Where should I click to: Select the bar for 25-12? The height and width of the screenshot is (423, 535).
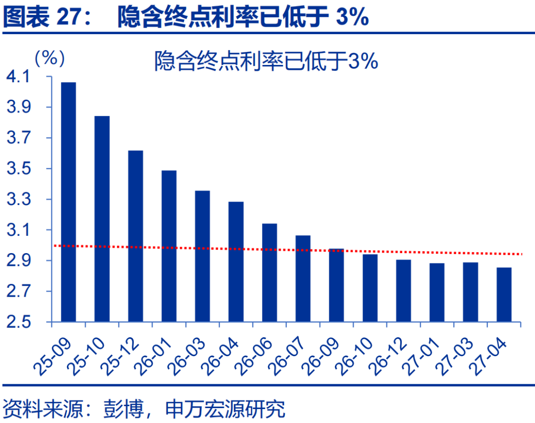(135, 236)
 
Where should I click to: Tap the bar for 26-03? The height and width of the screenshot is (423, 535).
(202, 256)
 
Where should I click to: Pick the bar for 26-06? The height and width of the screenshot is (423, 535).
(269, 273)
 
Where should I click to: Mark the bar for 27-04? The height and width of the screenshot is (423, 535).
(504, 295)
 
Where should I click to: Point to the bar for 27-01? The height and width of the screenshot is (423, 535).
(437, 293)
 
